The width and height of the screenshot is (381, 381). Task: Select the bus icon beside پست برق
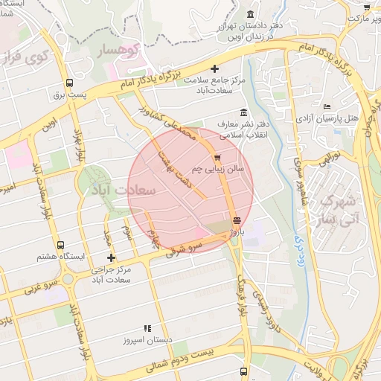pyautogui.click(x=69, y=83)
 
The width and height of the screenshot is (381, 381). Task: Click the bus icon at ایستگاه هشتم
pyautogui.click(x=61, y=245)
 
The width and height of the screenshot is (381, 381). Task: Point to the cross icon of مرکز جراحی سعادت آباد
pyautogui.click(x=111, y=257)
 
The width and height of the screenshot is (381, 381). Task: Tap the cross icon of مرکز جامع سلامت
pyautogui.click(x=215, y=68)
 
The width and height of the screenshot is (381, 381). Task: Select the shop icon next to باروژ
pyautogui.click(x=237, y=220)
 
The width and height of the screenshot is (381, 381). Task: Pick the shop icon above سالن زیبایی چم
pyautogui.click(x=217, y=157)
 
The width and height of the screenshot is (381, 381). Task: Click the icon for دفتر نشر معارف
pyautogui.click(x=243, y=112)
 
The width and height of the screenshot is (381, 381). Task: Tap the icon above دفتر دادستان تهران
pyautogui.click(x=249, y=15)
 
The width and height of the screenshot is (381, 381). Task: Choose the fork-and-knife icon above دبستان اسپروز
pyautogui.click(x=147, y=327)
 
